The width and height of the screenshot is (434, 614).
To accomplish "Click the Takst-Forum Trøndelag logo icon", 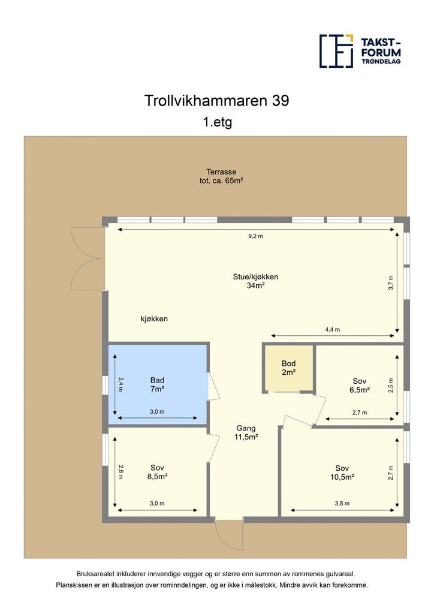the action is pyautogui.click(x=336, y=51).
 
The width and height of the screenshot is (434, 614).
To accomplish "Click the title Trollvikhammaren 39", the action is pyautogui.click(x=217, y=101).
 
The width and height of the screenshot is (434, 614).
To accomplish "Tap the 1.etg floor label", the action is pyautogui.click(x=217, y=122).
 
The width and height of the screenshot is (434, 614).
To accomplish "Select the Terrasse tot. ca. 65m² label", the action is pyautogui.click(x=222, y=176).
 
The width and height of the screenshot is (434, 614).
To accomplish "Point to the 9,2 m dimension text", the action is pyautogui.click(x=256, y=236).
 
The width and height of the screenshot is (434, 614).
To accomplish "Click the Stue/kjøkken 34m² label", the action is pyautogui.click(x=255, y=281).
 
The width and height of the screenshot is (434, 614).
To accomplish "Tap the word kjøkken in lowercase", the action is pyautogui.click(x=154, y=319).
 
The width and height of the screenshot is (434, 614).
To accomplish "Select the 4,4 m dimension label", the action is pyautogui.click(x=333, y=330).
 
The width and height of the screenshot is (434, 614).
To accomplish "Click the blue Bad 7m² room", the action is pyautogui.click(x=157, y=384).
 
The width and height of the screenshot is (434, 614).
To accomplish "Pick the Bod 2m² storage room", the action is pyautogui.click(x=289, y=368).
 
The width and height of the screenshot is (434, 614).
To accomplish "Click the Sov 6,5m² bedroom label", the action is pyautogui.click(x=360, y=386).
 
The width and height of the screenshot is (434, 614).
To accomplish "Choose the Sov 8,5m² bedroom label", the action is pyautogui.click(x=157, y=472).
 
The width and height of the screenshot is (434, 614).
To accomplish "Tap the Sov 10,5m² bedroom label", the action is pyautogui.click(x=342, y=472).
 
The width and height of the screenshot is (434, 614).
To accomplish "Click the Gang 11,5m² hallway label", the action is pyautogui.click(x=246, y=433).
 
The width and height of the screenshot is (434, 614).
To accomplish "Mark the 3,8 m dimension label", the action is pyautogui.click(x=342, y=504).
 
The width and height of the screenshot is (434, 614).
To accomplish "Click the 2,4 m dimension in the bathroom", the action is pyautogui.click(x=120, y=384).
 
